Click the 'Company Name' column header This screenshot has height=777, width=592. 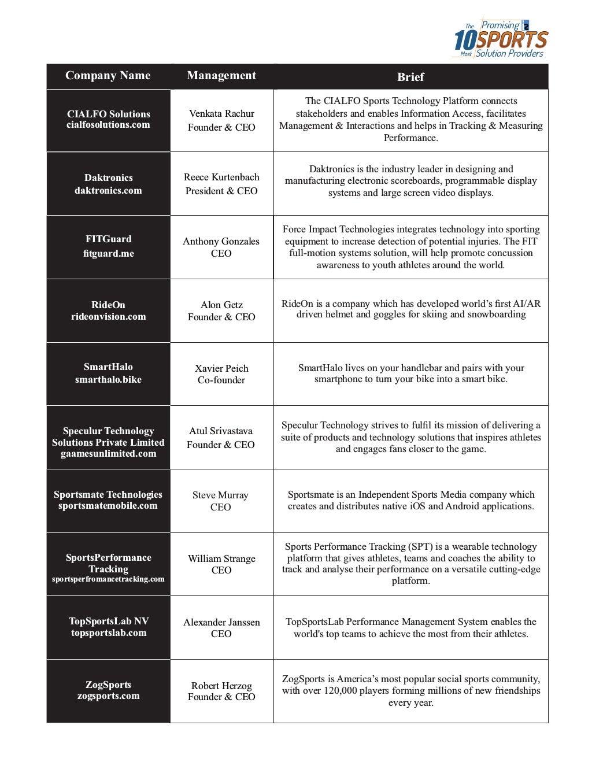tap(108, 76)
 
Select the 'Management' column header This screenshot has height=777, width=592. tap(221, 76)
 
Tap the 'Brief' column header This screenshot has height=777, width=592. tap(410, 77)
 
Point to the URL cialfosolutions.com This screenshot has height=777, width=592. tap(108, 125)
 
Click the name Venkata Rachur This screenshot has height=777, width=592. tap(221, 113)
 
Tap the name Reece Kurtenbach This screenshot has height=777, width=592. tap(221, 177)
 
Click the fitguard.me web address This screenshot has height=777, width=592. tap(109, 253)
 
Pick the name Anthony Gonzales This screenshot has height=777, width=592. tap(221, 241)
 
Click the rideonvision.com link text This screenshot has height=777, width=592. tap(109, 316)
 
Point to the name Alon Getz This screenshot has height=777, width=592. tap(221, 305)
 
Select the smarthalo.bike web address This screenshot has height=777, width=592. tap(108, 379)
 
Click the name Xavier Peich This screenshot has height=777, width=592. tap(221, 368)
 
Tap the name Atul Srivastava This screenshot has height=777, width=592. tap(221, 431)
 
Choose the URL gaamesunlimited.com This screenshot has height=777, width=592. tap(109, 453)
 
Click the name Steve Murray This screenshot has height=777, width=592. tap(220, 495)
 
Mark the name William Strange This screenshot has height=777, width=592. tap(221, 558)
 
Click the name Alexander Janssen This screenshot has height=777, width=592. tap(221, 622)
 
